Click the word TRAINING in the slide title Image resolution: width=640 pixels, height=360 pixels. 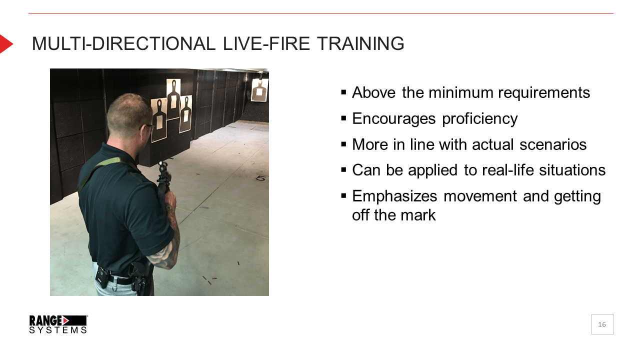[x=360, y=43]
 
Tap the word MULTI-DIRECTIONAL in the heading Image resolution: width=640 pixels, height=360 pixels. [x=123, y=43]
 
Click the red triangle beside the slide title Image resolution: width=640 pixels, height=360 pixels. [x=6, y=44]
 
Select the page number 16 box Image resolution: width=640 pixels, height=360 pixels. [x=602, y=324]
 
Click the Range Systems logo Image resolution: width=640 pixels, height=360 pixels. [x=58, y=324]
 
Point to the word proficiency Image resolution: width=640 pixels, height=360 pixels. [x=479, y=119]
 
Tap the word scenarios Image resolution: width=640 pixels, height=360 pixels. [x=553, y=144]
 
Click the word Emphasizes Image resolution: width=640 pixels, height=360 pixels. [x=394, y=196]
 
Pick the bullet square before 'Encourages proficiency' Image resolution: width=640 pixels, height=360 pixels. [x=343, y=118]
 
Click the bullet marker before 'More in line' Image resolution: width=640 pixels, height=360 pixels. [x=343, y=144]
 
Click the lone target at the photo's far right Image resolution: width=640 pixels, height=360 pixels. [x=259, y=89]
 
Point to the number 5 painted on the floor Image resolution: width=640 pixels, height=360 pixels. [x=260, y=178]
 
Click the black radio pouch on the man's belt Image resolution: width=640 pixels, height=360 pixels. [x=102, y=277]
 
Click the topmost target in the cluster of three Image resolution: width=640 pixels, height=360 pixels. [x=173, y=99]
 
